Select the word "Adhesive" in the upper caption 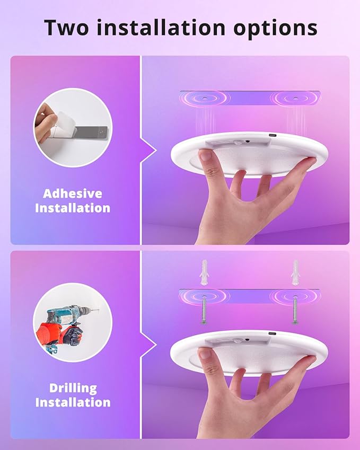click(73, 193)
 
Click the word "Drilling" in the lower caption click(73, 388)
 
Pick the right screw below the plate click(295, 311)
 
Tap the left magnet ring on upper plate click(204, 99)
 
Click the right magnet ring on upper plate click(295, 99)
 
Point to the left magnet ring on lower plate click(204, 296)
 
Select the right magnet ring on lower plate click(295, 296)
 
